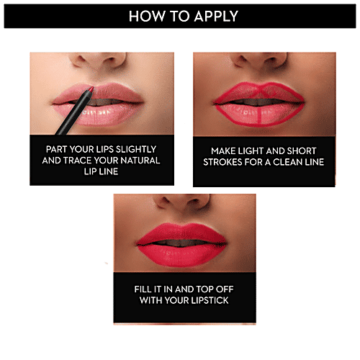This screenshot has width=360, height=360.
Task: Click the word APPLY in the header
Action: [214, 16]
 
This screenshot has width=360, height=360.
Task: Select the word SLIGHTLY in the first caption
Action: [138, 150]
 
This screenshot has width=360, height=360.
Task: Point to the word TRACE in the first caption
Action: [81, 161]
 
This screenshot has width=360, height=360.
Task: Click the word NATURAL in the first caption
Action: [139, 161]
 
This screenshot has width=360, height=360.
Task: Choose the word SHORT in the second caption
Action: [307, 151]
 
